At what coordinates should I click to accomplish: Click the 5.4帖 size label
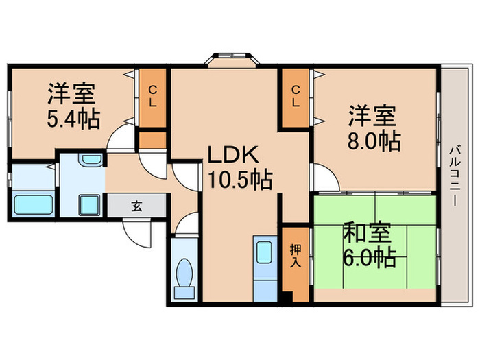(x=73, y=119)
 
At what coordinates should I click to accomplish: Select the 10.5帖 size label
(x=239, y=180)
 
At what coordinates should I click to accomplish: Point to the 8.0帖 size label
(x=374, y=141)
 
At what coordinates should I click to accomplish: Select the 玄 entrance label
(x=136, y=205)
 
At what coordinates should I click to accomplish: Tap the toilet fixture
(x=184, y=278)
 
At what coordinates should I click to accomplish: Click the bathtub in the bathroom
(x=34, y=204)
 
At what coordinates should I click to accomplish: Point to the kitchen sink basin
(x=264, y=250)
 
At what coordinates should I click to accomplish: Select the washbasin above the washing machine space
(x=90, y=161)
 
